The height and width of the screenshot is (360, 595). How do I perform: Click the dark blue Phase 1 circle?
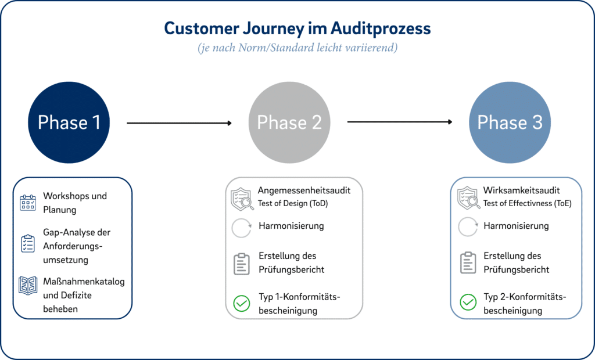click(69, 123)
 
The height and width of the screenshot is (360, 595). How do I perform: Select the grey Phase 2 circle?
click(289, 123)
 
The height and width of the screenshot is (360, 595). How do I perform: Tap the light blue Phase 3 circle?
click(510, 123)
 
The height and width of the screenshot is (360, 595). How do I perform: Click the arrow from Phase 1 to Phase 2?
click(179, 123)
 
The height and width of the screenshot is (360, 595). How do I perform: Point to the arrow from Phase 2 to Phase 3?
click(400, 122)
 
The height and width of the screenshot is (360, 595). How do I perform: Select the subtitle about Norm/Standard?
click(297, 48)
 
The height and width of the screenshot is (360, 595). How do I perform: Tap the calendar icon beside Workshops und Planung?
click(28, 203)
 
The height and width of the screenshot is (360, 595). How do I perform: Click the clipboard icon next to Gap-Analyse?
click(28, 244)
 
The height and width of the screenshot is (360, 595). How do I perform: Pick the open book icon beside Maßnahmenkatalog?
click(28, 286)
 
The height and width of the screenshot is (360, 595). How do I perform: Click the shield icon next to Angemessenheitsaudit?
click(242, 197)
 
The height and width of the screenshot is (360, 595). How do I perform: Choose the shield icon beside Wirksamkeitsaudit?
click(468, 197)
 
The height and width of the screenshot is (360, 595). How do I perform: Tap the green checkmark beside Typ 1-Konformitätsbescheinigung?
click(241, 303)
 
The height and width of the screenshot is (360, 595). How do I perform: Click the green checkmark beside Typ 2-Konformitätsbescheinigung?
click(468, 303)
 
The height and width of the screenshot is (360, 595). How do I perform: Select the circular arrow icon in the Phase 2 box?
click(241, 227)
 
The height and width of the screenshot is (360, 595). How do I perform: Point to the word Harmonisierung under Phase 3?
click(516, 226)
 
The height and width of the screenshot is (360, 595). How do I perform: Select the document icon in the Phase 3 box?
click(468, 263)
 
